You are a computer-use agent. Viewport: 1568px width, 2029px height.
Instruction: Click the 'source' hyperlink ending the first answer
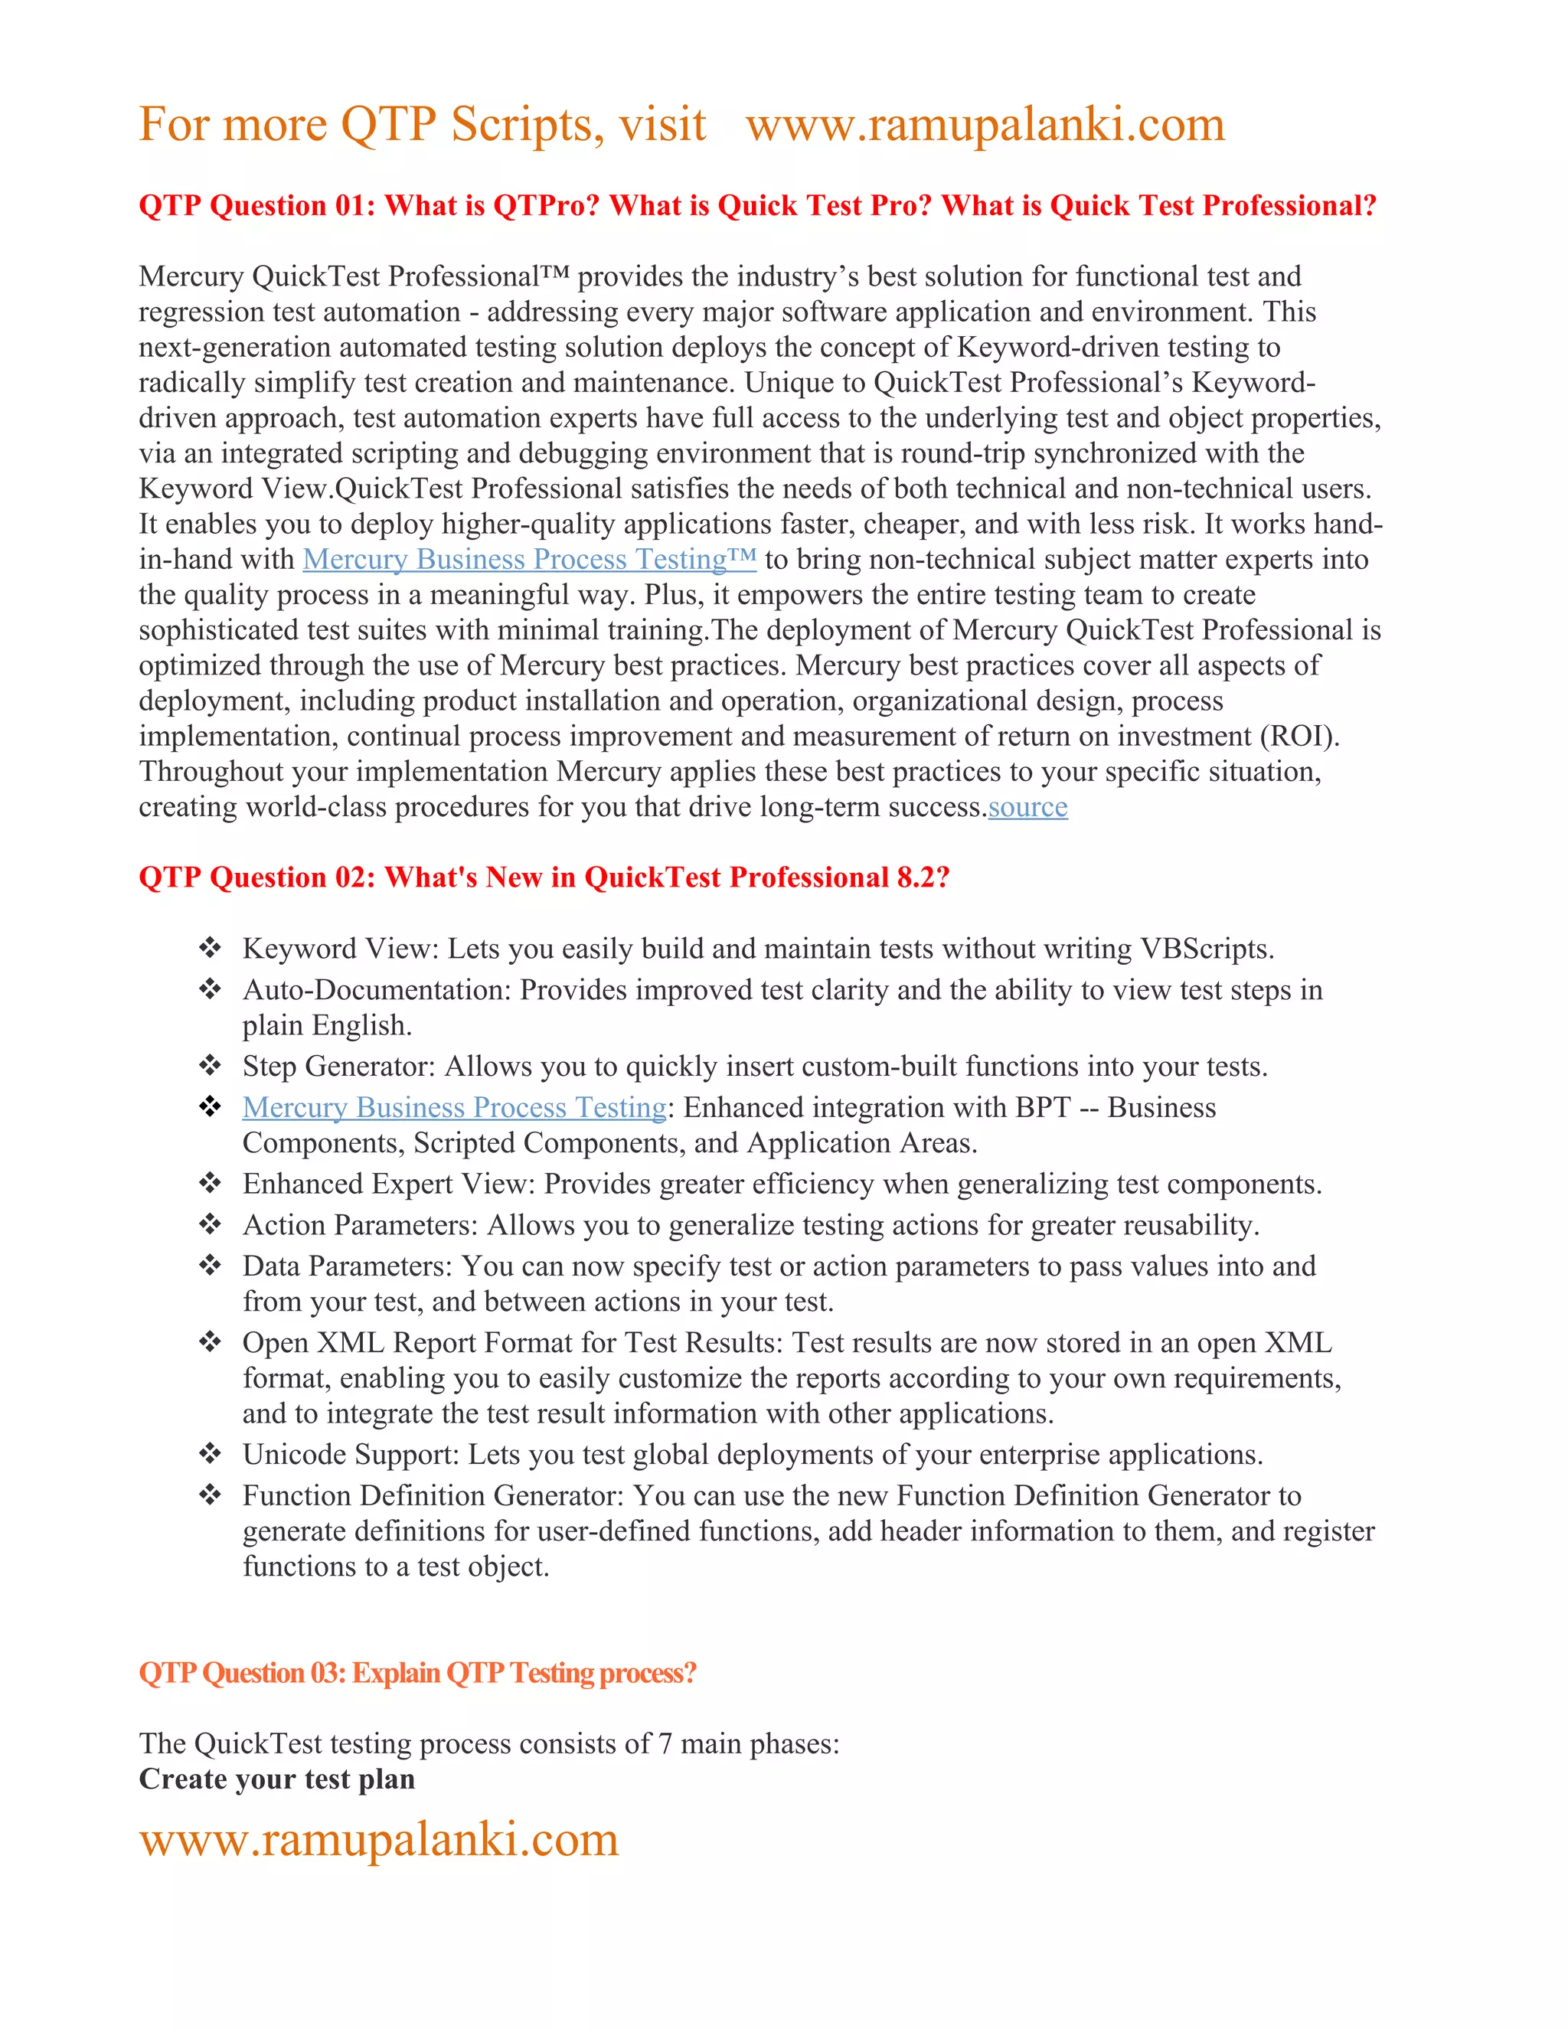1027,807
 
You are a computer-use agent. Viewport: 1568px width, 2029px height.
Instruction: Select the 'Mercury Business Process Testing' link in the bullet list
454,1109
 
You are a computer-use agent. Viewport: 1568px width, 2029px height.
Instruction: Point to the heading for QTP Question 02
544,878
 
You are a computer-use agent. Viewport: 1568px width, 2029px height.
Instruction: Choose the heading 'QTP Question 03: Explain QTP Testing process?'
417,1673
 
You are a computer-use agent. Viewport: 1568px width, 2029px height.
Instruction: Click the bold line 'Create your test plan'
277,1779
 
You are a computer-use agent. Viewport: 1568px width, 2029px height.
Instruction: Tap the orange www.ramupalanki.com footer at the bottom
379,1839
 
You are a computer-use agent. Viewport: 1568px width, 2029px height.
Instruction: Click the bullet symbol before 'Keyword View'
210,949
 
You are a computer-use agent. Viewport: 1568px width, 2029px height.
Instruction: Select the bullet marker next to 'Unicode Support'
210,1454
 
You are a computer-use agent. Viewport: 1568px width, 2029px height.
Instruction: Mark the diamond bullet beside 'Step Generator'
210,1066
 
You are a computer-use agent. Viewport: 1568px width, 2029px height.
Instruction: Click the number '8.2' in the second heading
916,878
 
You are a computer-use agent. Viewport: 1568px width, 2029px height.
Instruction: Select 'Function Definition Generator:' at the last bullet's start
433,1496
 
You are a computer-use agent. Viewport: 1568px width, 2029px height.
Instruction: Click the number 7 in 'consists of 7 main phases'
665,1743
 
